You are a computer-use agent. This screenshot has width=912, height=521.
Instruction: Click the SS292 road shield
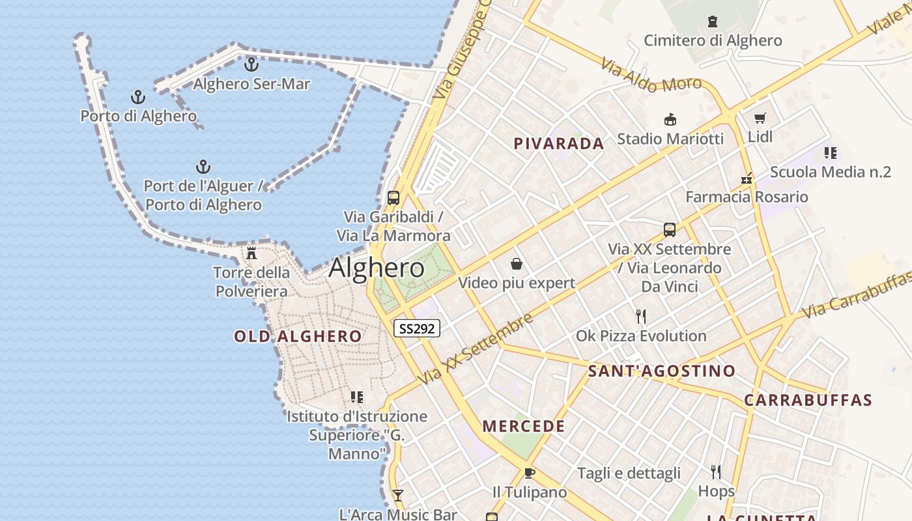pos(417,328)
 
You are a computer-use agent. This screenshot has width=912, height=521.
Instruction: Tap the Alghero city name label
pos(377,268)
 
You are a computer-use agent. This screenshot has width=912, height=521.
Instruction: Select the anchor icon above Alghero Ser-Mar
pos(251,64)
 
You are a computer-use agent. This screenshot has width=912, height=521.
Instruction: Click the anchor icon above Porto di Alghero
pos(138,97)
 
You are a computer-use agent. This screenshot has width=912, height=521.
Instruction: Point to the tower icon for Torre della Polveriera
pos(251,253)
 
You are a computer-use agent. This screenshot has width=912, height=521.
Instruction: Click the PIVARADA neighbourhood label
pos(559,143)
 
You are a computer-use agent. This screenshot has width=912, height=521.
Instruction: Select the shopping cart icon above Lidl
pos(760,118)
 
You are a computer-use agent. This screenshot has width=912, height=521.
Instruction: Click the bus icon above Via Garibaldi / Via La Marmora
pos(393,197)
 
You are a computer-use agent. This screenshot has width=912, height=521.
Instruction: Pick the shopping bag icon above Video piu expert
pos(517,264)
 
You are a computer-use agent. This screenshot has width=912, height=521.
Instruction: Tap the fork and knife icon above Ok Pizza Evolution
pos(641,317)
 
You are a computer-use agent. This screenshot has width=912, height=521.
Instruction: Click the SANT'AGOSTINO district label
pos(662,371)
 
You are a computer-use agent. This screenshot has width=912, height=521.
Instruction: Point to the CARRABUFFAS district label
pos(808,400)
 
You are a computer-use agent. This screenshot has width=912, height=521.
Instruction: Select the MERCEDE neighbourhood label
pos(524,427)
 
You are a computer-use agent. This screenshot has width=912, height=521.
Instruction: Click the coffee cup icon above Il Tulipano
pos(529,473)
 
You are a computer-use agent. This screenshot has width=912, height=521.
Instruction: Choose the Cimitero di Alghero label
pos(713,40)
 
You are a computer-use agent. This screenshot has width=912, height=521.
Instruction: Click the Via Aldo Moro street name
pos(651,75)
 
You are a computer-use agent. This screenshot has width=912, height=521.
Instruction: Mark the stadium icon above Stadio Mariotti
pos(670,119)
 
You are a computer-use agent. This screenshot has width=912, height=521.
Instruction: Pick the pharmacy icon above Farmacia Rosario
pos(747,178)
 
